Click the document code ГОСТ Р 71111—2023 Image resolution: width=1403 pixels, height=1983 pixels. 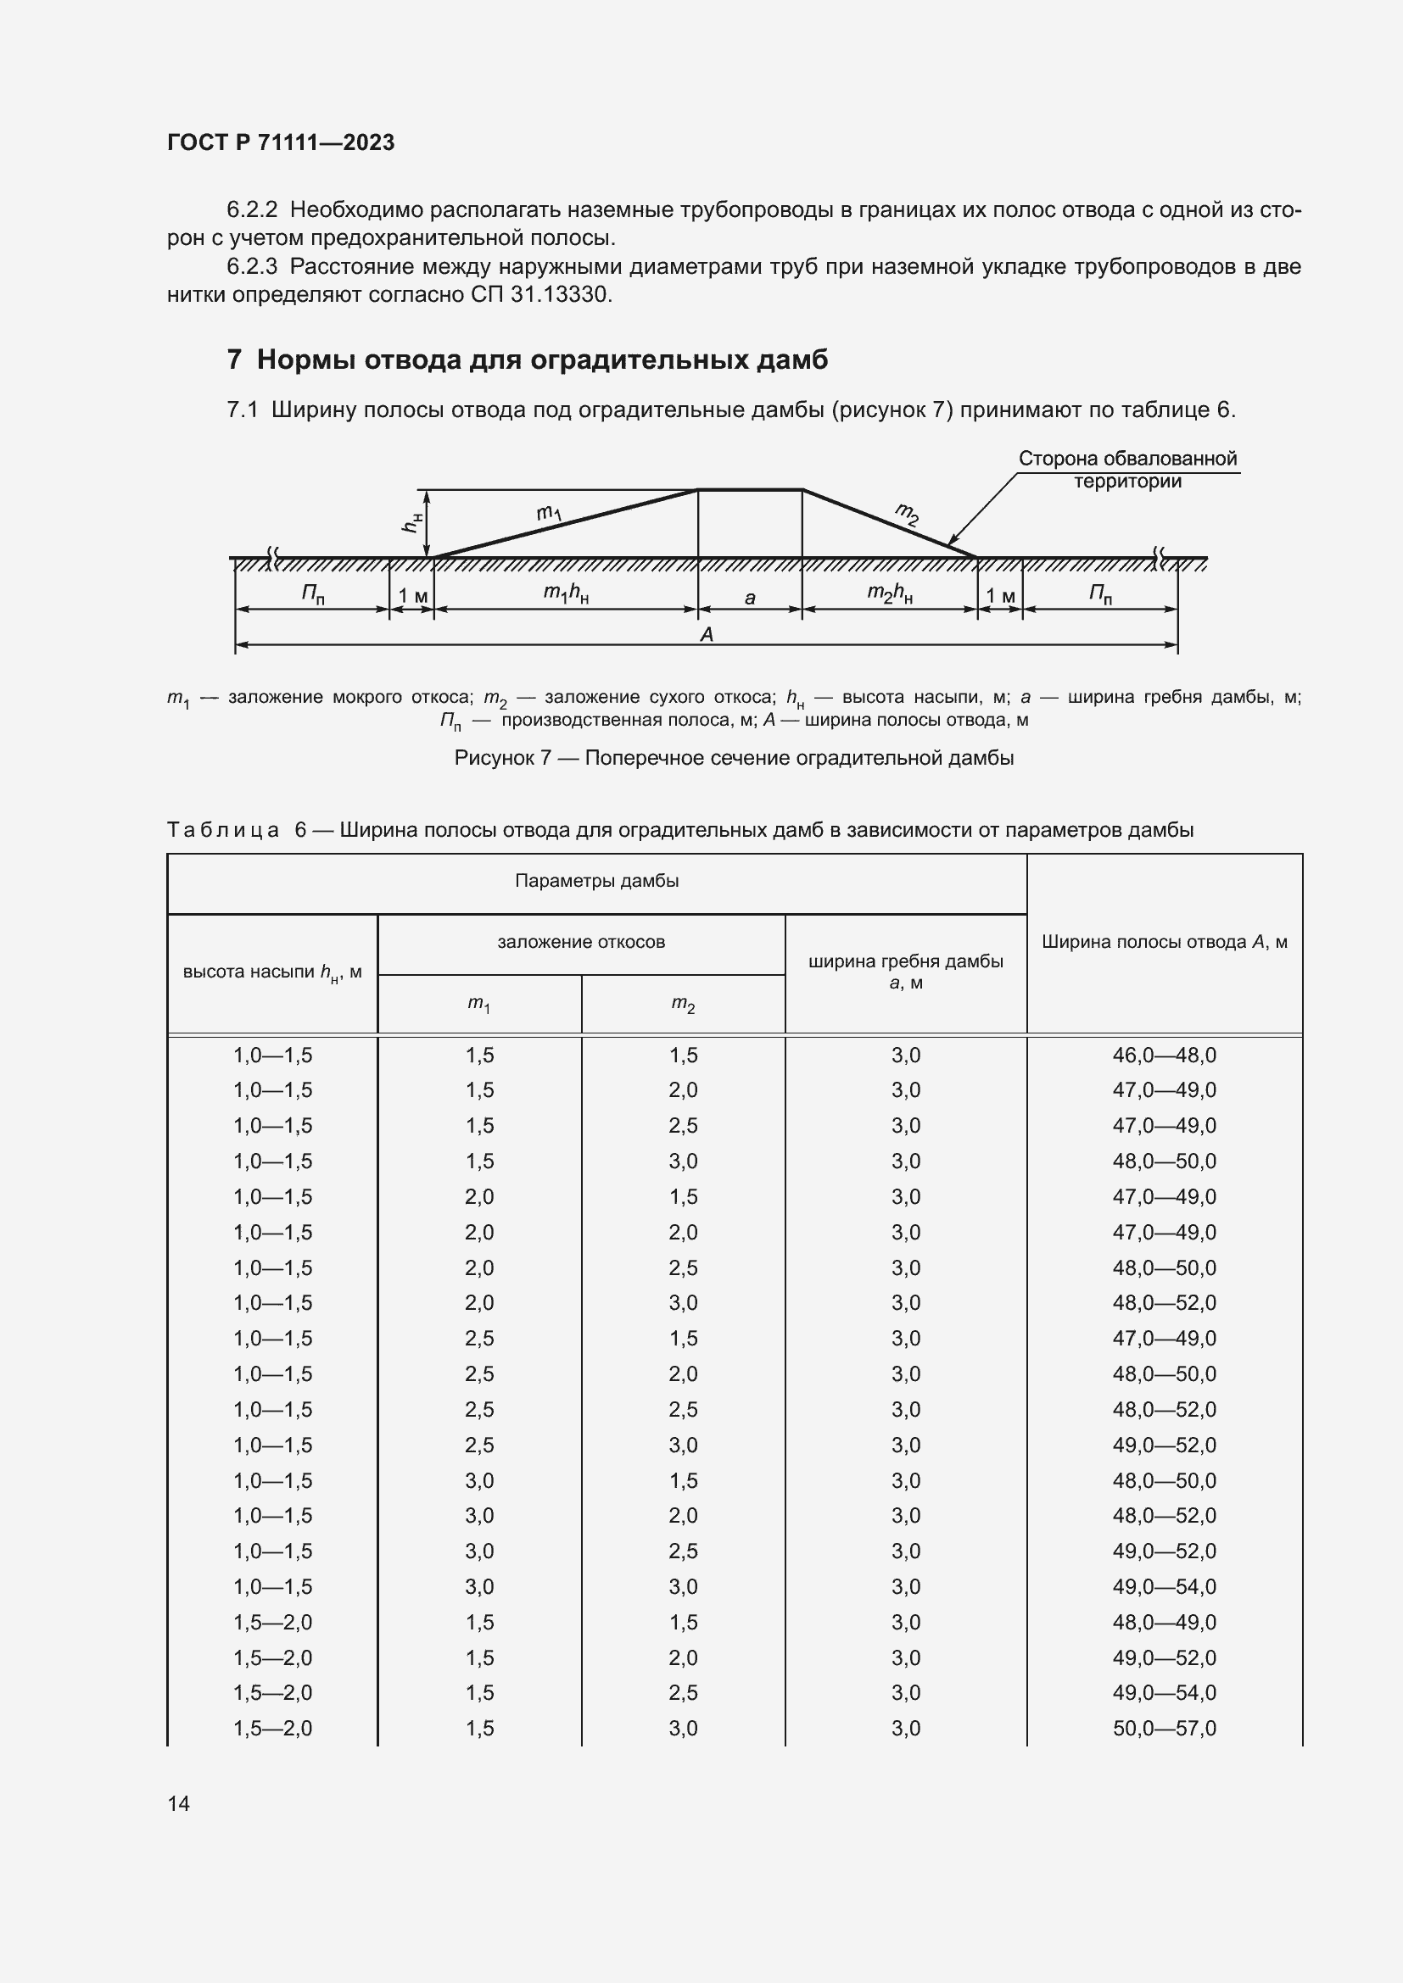click(281, 142)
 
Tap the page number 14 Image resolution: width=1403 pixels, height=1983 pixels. click(179, 1803)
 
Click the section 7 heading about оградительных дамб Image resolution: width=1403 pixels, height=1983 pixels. click(527, 359)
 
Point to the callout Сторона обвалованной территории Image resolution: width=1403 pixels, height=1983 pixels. click(1127, 470)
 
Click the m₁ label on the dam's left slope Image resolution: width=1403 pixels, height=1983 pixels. click(549, 514)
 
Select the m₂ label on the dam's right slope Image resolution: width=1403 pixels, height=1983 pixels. click(907, 514)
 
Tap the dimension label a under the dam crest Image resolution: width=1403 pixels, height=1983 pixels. click(750, 598)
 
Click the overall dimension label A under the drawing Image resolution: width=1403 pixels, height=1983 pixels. click(707, 635)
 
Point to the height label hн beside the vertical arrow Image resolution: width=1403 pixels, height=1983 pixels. click(413, 521)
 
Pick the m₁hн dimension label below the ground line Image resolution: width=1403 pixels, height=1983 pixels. click(566, 593)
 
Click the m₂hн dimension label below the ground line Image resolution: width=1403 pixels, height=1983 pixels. click(890, 593)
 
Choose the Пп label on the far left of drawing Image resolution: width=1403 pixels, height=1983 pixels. click(313, 594)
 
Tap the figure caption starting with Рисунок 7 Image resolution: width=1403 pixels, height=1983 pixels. click(734, 757)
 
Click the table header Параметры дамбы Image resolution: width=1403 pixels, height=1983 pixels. click(596, 881)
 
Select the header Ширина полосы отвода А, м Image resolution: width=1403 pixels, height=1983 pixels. click(1164, 942)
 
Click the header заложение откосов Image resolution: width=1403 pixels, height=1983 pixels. click(580, 942)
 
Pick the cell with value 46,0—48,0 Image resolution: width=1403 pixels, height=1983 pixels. click(1164, 1056)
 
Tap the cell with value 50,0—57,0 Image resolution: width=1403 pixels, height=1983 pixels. click(1164, 1728)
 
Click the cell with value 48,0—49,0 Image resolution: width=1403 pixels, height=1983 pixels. click(1164, 1622)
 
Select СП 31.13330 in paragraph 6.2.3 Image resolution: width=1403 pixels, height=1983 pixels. click(539, 295)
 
